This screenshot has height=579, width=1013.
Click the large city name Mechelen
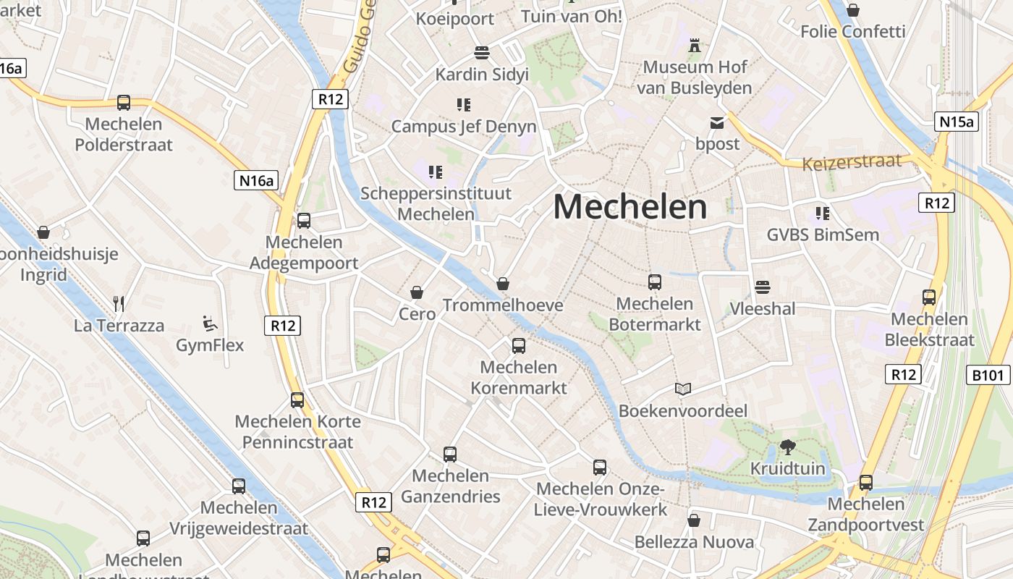(630, 207)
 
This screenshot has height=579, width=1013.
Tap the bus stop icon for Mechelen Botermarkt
(655, 282)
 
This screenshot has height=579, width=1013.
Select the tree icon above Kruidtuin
(788, 447)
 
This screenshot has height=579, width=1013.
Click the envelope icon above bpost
(717, 123)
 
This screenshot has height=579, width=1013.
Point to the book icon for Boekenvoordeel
(682, 389)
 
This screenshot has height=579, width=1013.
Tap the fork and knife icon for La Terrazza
(119, 303)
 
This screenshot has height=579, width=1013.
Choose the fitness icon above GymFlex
(210, 323)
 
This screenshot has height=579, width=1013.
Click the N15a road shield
(956, 122)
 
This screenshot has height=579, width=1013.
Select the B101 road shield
(988, 375)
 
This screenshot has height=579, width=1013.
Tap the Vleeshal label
(762, 309)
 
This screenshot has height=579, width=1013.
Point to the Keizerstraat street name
(852, 161)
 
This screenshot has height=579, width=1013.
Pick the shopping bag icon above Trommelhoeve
(503, 284)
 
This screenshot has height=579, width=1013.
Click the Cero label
(417, 313)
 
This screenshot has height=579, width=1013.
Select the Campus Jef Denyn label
(464, 127)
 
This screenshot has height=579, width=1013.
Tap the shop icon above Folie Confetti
(853, 10)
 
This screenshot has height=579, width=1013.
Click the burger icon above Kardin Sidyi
(482, 53)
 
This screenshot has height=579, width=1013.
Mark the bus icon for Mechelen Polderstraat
(124, 103)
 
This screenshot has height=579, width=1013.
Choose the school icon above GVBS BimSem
(822, 214)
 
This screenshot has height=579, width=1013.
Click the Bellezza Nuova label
(694, 542)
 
